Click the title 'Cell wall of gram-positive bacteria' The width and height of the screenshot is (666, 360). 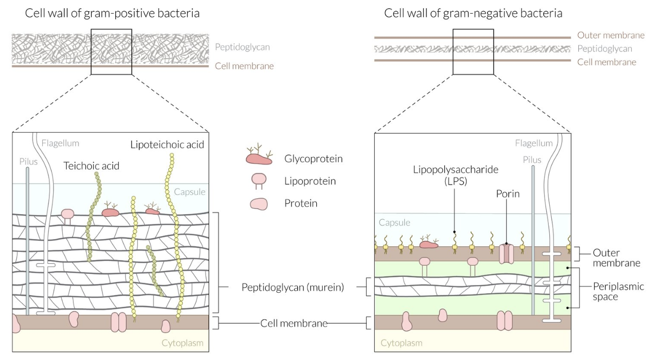[112, 13]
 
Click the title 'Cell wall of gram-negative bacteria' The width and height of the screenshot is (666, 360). [473, 13]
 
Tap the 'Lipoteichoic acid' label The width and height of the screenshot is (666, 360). [167, 145]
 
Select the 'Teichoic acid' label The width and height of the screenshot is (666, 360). [91, 166]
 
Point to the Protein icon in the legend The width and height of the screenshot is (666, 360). [259, 204]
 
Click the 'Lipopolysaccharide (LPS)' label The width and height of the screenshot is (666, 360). [455, 175]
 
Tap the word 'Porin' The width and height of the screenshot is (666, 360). [508, 194]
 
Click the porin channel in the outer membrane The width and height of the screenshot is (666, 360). [506, 253]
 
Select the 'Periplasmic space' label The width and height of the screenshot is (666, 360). [618, 291]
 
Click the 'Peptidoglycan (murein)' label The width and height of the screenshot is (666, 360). [293, 287]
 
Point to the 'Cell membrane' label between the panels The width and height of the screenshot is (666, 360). [294, 323]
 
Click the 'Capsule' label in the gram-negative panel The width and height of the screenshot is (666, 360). [394, 222]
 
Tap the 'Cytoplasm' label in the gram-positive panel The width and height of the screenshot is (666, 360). [182, 343]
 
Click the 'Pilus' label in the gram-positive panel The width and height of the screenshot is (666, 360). [29, 162]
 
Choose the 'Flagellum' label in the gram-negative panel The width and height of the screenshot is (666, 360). [534, 143]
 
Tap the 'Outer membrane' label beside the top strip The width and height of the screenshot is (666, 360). [611, 35]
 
